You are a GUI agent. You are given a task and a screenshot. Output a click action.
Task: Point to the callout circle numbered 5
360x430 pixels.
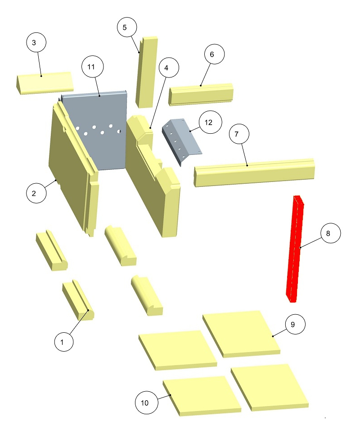(x=125, y=27)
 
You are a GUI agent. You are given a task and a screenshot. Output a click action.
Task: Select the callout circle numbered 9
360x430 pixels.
(x=293, y=325)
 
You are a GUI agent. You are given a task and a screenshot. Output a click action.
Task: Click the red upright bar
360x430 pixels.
(x=295, y=248)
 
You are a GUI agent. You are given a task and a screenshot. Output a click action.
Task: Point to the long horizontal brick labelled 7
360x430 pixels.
(x=254, y=172)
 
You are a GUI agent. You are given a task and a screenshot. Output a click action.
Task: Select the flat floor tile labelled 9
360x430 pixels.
(x=241, y=332)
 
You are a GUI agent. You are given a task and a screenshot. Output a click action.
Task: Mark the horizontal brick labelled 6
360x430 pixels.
(x=202, y=94)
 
